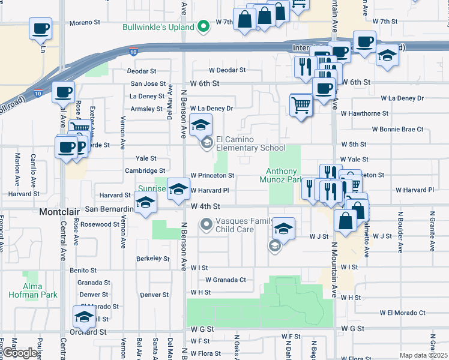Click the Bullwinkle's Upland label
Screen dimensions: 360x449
[158, 27]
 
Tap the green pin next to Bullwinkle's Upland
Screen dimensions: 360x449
[204, 26]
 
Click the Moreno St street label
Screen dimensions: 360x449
[84, 23]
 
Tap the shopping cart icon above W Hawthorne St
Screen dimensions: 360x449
[301, 106]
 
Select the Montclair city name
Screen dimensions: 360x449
[59, 212]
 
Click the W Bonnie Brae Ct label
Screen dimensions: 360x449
[397, 129]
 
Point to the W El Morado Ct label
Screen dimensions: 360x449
[402, 313]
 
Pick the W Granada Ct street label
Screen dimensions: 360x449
[226, 280]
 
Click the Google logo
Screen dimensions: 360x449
[20, 353]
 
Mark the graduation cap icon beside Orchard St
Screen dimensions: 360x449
[84, 316]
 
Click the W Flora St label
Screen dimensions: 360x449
[203, 353]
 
